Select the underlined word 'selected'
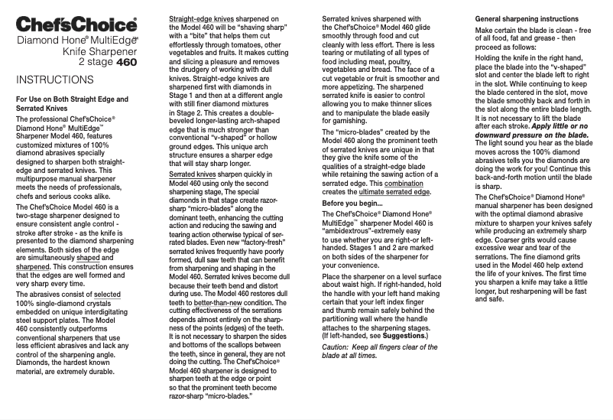pyautogui.click(x=108, y=294)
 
